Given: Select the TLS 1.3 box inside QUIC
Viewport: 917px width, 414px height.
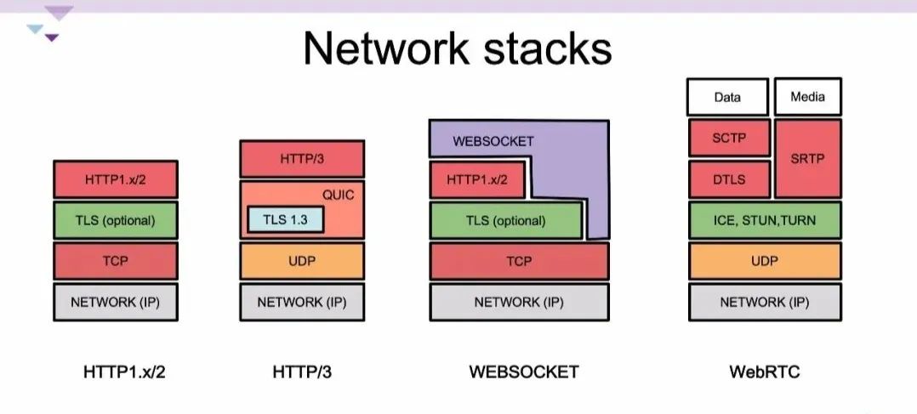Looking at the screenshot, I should click(x=286, y=219).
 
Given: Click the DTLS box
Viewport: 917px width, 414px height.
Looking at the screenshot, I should click(x=728, y=179).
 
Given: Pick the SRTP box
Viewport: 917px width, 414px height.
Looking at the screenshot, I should click(x=807, y=159).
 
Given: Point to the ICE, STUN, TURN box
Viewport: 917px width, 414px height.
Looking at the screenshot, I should click(x=764, y=220).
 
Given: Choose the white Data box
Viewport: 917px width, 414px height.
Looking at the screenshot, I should click(x=727, y=97).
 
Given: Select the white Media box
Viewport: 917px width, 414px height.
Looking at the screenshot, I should click(x=807, y=97).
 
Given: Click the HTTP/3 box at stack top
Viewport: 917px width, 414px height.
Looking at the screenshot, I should click(x=302, y=159).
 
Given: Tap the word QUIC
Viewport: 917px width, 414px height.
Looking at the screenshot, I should click(x=338, y=195).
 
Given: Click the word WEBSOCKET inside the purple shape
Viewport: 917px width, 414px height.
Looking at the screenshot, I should click(x=493, y=140).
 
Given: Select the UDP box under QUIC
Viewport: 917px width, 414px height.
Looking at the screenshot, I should click(x=302, y=261).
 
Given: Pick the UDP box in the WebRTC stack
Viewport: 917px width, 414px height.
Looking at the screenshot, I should click(x=764, y=261).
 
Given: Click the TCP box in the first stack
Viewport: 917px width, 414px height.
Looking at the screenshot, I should click(x=115, y=261).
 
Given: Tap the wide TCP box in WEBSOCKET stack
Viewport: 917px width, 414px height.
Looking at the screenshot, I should click(x=519, y=261).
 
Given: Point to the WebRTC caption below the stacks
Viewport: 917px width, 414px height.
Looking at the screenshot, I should click(x=764, y=371).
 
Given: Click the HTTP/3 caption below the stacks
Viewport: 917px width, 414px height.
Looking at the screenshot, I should click(x=302, y=371).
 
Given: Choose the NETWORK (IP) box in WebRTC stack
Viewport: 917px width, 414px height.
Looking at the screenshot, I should click(x=764, y=302).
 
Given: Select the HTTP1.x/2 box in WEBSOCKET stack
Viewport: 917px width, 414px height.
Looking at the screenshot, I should click(x=476, y=179).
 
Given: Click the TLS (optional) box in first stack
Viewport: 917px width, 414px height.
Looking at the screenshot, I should click(x=115, y=220).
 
